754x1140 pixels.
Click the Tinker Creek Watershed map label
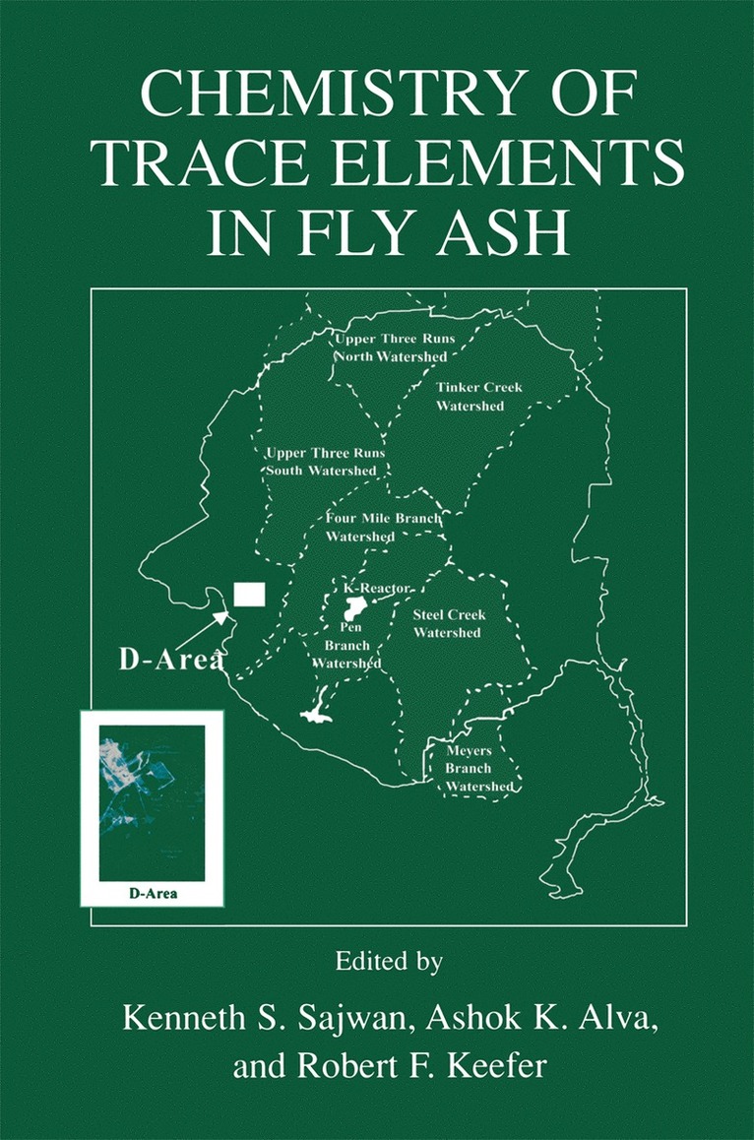[471, 397]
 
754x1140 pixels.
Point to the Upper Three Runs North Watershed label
[392, 348]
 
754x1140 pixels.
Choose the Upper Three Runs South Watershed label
[323, 463]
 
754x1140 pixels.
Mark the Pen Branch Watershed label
[346, 645]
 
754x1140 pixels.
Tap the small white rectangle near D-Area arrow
[249, 595]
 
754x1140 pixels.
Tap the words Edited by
[377, 959]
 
